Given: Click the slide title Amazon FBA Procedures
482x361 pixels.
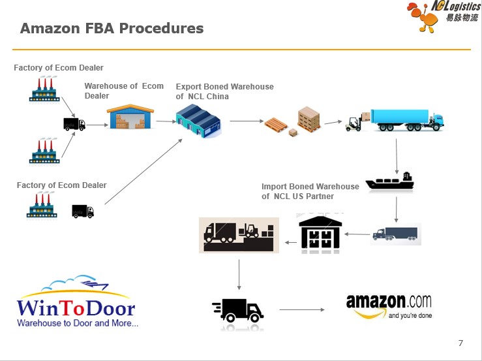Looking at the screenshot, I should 112,29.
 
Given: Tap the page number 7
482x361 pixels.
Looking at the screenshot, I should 460,343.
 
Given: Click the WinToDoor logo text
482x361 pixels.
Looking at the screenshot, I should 76,308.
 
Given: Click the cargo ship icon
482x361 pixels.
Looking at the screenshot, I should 389,182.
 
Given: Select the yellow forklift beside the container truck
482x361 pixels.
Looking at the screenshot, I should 354,123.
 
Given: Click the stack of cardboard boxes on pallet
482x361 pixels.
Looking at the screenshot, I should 309,119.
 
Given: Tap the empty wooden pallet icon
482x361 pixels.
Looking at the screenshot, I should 275,125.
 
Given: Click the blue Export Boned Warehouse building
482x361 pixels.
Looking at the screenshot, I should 198,121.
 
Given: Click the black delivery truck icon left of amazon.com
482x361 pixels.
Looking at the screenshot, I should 238,309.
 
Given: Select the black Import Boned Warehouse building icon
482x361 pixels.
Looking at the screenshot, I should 320,232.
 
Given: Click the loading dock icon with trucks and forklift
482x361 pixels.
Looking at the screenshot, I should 238,235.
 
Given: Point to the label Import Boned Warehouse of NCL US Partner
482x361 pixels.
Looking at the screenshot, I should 310,191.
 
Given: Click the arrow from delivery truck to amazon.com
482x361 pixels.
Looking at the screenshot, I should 302,309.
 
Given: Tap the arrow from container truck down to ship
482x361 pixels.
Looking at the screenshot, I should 397,155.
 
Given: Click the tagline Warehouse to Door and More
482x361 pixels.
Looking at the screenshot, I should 77,323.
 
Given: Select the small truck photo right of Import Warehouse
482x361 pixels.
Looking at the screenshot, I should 395,234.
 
